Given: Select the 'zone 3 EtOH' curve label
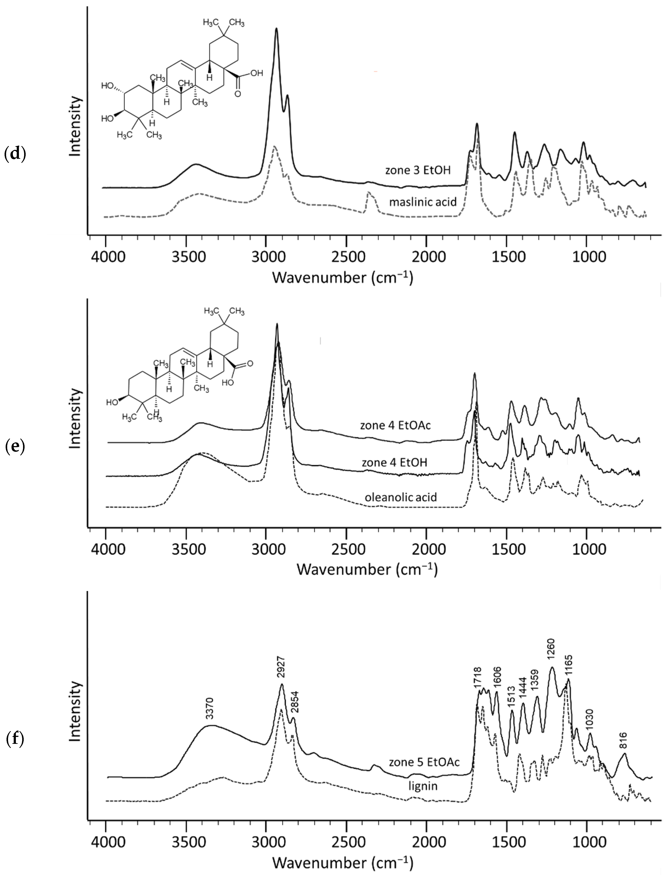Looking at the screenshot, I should [x=417, y=171].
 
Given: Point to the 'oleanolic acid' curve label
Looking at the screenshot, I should [x=400, y=497].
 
